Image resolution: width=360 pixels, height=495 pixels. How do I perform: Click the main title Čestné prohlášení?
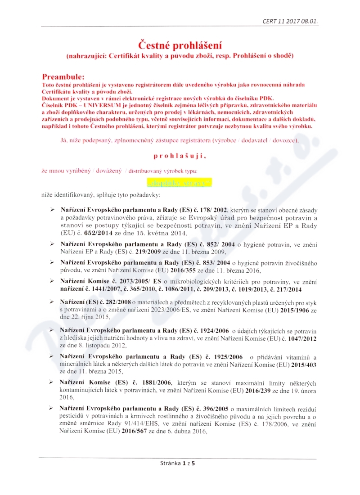[x=180, y=46]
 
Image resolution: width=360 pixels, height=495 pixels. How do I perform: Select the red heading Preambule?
[x=63, y=77]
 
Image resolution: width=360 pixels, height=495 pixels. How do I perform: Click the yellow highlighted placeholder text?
[x=179, y=183]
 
